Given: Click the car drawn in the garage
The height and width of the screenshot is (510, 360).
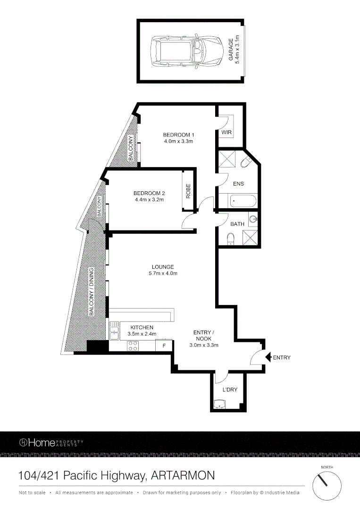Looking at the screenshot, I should coord(186,51).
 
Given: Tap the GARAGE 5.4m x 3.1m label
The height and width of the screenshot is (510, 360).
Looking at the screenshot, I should coord(234,51).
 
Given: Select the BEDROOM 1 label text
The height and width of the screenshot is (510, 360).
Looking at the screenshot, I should coord(178,137).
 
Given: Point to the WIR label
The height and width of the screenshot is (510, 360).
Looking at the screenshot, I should coord(226,133).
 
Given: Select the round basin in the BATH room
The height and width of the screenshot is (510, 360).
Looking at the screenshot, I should coord(253,219).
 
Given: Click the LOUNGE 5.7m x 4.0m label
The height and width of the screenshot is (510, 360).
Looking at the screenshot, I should coord(163,270).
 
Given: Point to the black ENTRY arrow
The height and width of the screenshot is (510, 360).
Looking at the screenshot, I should coord(268,357).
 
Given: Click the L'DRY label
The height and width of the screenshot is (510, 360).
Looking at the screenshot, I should coord(230,390).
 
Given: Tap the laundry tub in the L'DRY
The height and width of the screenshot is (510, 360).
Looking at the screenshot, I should coord(220,404).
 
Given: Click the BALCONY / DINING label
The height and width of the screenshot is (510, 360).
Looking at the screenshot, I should coord(92,291).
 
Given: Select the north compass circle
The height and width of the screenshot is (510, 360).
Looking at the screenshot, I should coord(327,484).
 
